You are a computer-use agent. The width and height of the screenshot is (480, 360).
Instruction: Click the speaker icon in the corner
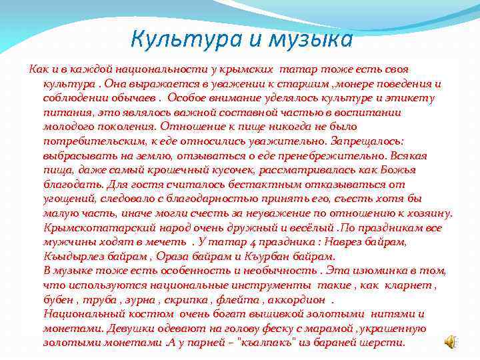(451, 341)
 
